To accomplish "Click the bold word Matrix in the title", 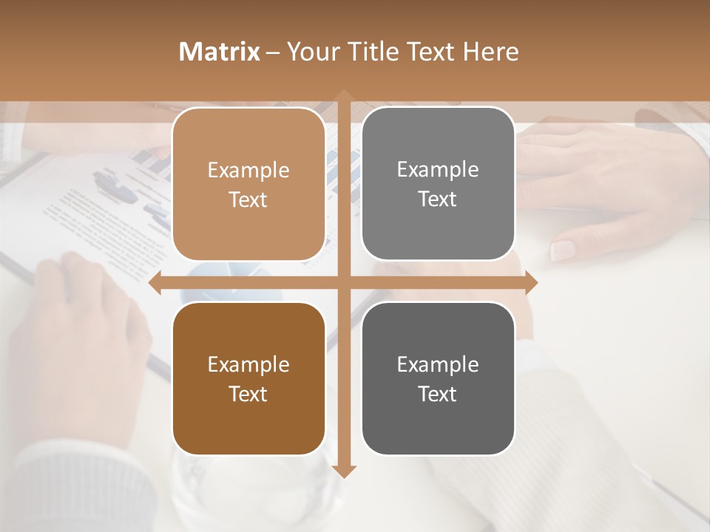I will click(220, 52).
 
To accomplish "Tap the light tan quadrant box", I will click(248, 184).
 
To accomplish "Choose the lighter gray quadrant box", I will click(438, 184).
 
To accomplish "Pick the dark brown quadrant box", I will click(248, 378).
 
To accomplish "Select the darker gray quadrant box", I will click(438, 378).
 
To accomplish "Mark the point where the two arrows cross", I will click(344, 282).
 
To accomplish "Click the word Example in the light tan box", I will click(248, 171).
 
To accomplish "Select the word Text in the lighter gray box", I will click(438, 199).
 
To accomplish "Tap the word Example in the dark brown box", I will click(248, 365).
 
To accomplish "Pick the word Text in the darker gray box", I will click(438, 394).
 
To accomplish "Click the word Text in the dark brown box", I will click(248, 394).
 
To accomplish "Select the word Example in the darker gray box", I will click(438, 365).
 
